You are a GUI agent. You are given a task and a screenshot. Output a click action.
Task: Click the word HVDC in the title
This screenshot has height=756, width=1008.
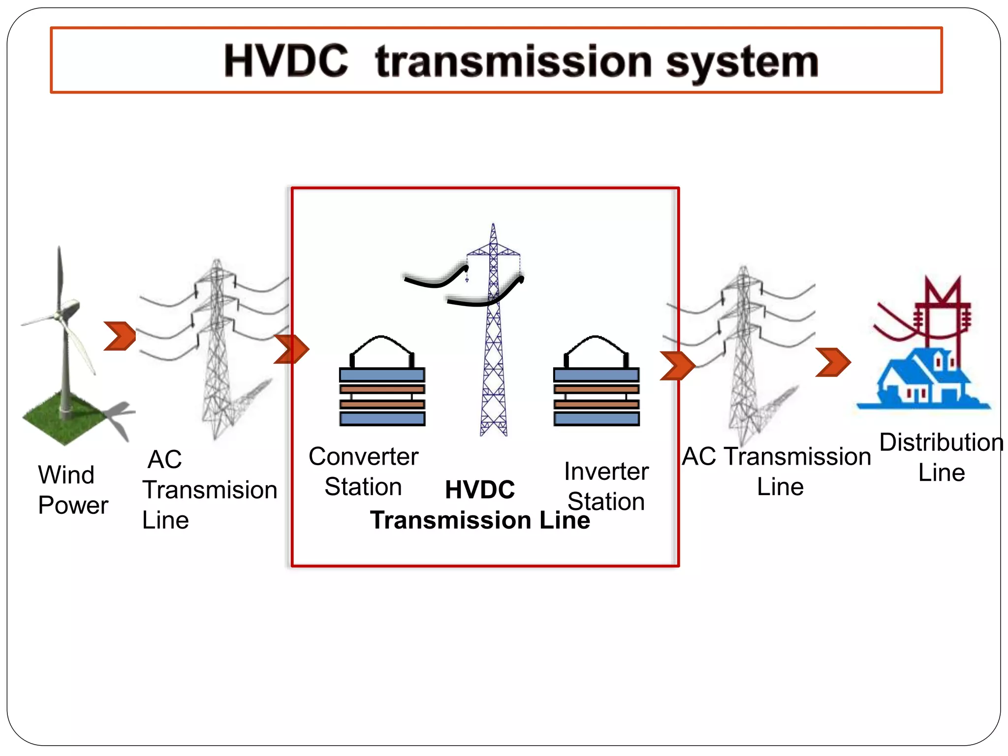point(286,61)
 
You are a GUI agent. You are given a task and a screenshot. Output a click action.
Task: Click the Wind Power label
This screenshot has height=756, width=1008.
point(73,490)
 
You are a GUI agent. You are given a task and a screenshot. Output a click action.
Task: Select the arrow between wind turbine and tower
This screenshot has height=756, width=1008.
point(120,336)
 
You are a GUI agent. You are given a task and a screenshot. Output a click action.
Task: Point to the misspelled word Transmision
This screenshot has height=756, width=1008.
point(210,490)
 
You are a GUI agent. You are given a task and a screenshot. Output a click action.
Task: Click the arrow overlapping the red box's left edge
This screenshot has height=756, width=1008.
point(291,349)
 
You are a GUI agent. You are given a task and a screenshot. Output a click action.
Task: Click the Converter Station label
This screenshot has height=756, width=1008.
point(363,472)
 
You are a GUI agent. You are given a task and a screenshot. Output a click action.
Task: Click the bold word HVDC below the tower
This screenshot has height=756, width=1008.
point(479,490)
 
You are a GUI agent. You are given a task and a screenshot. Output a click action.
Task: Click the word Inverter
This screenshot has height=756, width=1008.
point(606,472)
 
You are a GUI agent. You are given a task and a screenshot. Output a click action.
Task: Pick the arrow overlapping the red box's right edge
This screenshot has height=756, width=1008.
point(677,366)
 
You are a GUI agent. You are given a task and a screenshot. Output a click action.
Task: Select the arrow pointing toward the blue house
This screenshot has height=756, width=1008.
point(832,362)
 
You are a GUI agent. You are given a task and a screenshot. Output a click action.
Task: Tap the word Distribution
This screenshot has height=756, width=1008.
point(941,442)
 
